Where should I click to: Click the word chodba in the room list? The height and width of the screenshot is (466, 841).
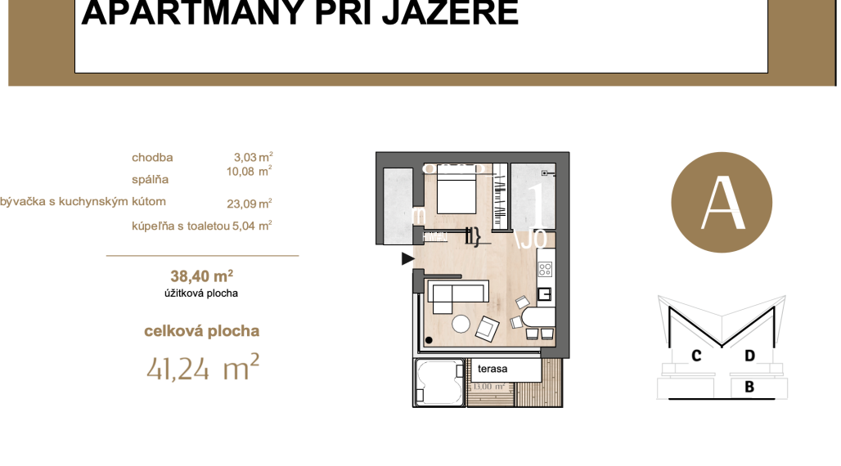click(x=152, y=158)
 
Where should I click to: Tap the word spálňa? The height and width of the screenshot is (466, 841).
click(x=150, y=179)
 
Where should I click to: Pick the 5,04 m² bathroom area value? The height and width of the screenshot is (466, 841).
click(x=252, y=226)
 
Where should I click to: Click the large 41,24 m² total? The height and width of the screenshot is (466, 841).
click(x=203, y=369)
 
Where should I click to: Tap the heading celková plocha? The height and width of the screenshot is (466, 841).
click(x=201, y=331)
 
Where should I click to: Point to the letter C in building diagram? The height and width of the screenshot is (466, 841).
click(x=696, y=356)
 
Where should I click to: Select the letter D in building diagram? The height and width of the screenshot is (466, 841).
click(x=749, y=356)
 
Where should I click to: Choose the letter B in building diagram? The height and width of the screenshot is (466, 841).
click(x=749, y=388)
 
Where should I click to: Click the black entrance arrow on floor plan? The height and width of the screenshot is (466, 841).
click(x=407, y=259)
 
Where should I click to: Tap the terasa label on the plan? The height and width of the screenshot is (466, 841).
click(x=492, y=369)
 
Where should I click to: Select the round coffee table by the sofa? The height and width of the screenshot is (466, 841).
click(x=462, y=324)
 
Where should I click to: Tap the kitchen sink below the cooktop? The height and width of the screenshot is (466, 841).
click(x=546, y=295)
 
